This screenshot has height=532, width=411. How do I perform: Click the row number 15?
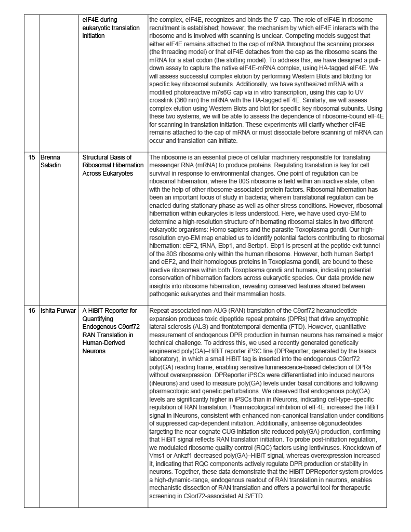point(32,157)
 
